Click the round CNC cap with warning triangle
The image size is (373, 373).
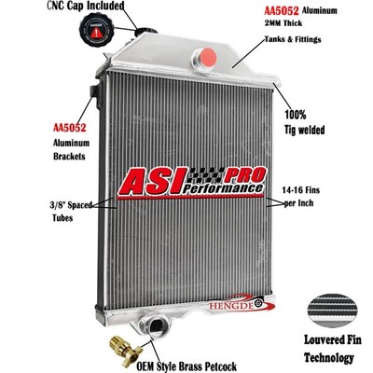click(x=97, y=31)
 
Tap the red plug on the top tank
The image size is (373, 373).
click(x=207, y=58)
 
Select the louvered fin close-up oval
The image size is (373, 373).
click(x=332, y=311)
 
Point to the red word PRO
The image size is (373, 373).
click(x=244, y=175)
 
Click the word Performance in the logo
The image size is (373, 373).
click(x=222, y=188)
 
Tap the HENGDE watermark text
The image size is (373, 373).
click(x=230, y=305)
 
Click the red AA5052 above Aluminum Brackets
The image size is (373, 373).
click(x=69, y=128)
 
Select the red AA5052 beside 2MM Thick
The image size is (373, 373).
click(x=282, y=11)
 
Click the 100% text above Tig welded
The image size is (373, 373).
click(x=296, y=115)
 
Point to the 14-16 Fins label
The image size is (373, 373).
click(x=300, y=189)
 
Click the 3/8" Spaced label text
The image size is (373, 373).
click(x=71, y=205)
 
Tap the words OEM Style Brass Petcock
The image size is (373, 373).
click(x=186, y=366)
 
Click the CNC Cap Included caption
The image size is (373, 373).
click(x=86, y=6)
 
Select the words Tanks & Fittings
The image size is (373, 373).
click(x=293, y=39)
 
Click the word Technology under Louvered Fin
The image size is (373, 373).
click(x=329, y=358)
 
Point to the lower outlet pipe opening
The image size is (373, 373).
click(x=155, y=325)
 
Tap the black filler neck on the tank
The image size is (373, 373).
click(x=146, y=31)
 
